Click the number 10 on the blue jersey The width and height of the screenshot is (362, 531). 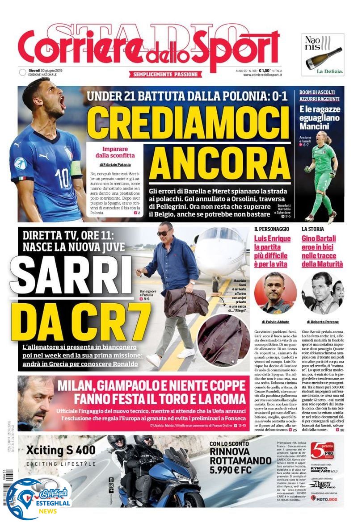(64, 177)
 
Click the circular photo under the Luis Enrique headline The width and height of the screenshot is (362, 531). (275, 293)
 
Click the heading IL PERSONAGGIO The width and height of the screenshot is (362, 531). (271, 229)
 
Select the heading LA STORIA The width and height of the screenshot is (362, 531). (312, 229)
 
